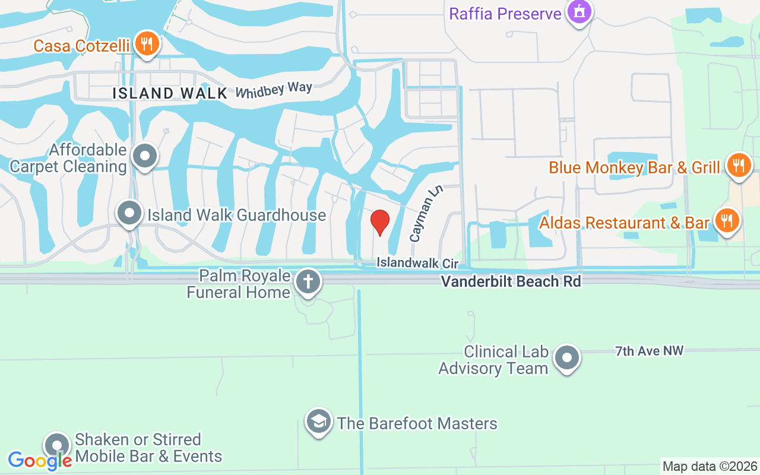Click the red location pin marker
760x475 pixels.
pyautogui.click(x=380, y=223)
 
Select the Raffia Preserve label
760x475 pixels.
pyautogui.click(x=505, y=14)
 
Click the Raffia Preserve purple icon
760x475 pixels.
pyautogui.click(x=579, y=12)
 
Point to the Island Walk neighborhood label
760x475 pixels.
pyautogui.click(x=170, y=93)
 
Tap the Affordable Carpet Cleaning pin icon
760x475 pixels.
pyautogui.click(x=144, y=157)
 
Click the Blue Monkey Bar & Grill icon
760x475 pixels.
pyautogui.click(x=738, y=166)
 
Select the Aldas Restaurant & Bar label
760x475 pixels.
pyautogui.click(x=624, y=223)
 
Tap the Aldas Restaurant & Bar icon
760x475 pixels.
pyautogui.click(x=726, y=221)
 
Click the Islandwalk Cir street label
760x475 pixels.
pyautogui.click(x=417, y=262)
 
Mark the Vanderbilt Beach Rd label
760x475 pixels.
pyautogui.click(x=511, y=281)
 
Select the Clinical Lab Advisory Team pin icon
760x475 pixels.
pyautogui.click(x=566, y=358)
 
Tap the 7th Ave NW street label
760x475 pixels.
pyautogui.click(x=649, y=351)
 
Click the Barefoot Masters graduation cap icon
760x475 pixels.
pyautogui.click(x=319, y=422)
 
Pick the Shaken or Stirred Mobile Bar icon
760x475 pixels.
pyautogui.click(x=57, y=445)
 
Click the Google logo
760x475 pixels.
pyautogui.click(x=40, y=460)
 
